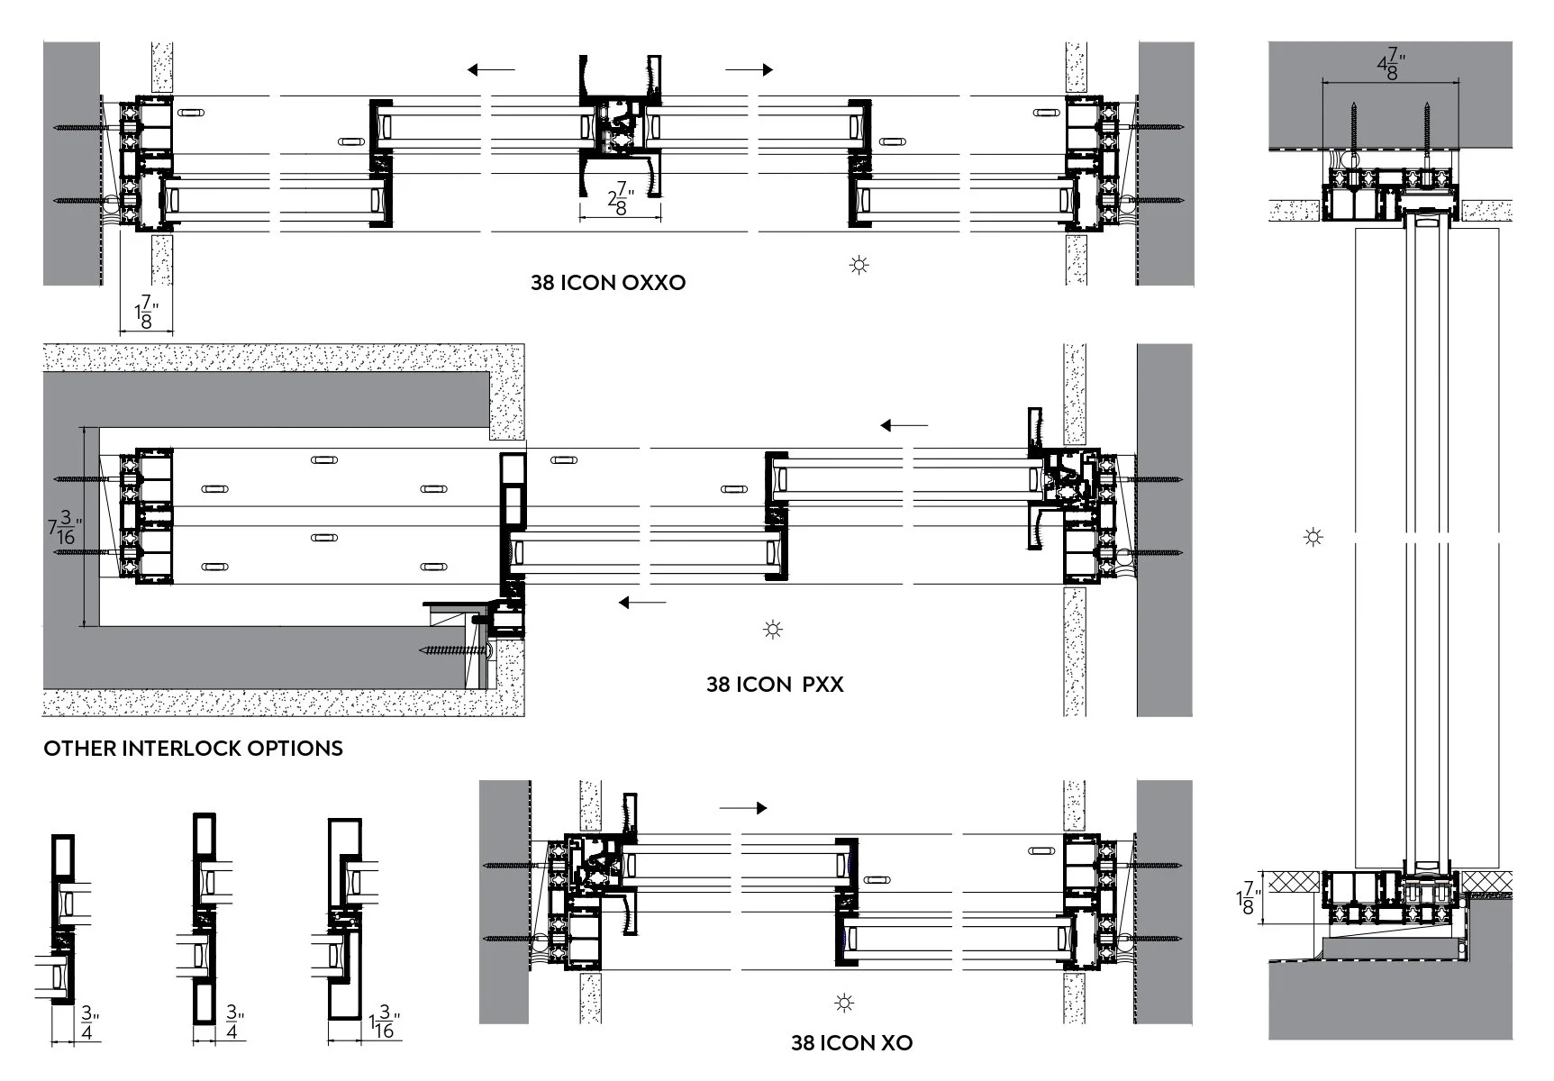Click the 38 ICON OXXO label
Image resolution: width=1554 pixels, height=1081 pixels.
[x=608, y=282]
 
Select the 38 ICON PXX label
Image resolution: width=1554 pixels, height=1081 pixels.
[x=775, y=684]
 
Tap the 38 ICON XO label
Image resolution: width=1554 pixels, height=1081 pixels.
[x=851, y=1042]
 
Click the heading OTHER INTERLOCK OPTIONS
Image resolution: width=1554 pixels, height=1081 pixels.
[x=194, y=748]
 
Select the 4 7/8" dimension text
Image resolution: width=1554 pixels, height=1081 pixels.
[x=1392, y=66]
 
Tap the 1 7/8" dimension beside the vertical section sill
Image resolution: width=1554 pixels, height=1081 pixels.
[x=1246, y=898]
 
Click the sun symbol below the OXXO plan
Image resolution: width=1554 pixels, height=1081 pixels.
[x=859, y=265]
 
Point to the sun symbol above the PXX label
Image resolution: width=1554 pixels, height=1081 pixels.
[x=773, y=629]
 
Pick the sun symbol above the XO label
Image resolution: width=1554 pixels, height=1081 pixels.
[x=844, y=1002]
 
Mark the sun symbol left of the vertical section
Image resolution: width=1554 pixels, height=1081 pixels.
[x=1313, y=538]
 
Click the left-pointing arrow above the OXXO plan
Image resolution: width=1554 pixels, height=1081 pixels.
[x=491, y=69]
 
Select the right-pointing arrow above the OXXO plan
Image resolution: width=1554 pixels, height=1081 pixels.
[x=750, y=69]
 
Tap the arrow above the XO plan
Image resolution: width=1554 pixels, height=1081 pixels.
[x=743, y=808]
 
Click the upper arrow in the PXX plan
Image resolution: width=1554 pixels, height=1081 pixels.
[x=904, y=425]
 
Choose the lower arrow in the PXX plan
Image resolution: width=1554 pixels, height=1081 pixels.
[x=642, y=602]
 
